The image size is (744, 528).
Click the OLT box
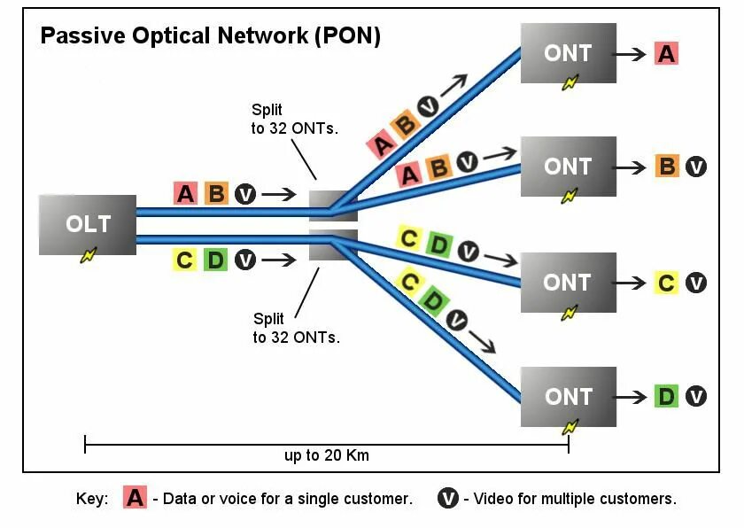[87, 224]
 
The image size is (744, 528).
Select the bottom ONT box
[568, 396]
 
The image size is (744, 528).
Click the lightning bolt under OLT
[88, 255]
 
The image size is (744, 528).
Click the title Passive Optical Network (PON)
[211, 36]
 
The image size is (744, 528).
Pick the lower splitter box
[333, 245]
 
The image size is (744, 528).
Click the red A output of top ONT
[666, 53]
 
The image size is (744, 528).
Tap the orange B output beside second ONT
[667, 167]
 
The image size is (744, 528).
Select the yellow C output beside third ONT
[667, 283]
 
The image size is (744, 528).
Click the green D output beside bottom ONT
[667, 396]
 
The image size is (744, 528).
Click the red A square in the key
[136, 498]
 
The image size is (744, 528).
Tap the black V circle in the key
[448, 498]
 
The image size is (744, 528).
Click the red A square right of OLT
[185, 193]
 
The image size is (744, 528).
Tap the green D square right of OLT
[215, 260]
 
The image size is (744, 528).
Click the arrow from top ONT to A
[630, 53]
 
